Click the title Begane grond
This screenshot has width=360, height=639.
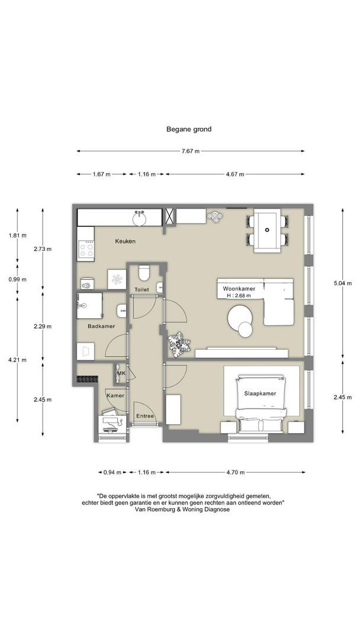189,129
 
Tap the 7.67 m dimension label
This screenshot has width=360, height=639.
191,151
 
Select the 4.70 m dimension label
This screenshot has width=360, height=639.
235,472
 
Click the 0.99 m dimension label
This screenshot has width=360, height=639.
17,279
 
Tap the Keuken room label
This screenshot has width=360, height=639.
125,241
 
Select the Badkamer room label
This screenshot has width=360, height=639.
101,326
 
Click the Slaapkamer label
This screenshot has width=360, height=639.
260,393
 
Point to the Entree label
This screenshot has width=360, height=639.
145,416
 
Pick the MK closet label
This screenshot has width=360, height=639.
121,373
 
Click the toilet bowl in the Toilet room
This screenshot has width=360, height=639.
143,273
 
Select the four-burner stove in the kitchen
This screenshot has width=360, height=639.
86,249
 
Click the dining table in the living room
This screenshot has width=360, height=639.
267,230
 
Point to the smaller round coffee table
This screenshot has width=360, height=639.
246,330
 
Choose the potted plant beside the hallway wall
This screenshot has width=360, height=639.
179,344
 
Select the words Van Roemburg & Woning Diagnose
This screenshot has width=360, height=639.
181,509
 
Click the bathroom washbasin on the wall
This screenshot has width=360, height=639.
122,311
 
